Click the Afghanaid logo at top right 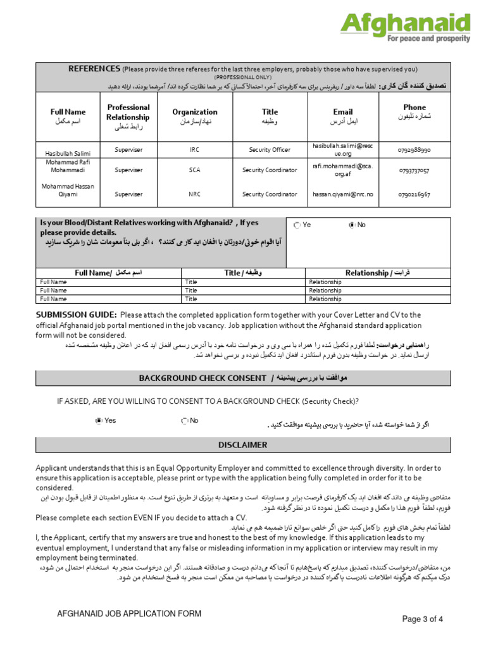coord(406,27)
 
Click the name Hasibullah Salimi coord(68,154)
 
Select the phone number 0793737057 coord(414,171)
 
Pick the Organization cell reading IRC coord(194,150)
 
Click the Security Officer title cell coord(270,150)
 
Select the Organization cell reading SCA coord(194,170)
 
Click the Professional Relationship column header coord(128,112)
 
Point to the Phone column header coord(414,108)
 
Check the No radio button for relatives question coord(352,225)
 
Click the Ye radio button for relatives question coord(297,225)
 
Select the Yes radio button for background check coord(98,420)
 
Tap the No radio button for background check coord(184,420)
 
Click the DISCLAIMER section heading coord(243,445)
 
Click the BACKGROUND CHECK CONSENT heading coord(202,378)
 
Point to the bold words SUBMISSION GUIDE coord(76,315)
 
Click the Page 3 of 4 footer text coord(427,619)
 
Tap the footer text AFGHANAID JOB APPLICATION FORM coord(129,613)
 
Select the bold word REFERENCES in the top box coord(94,69)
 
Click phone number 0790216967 coord(414,195)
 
